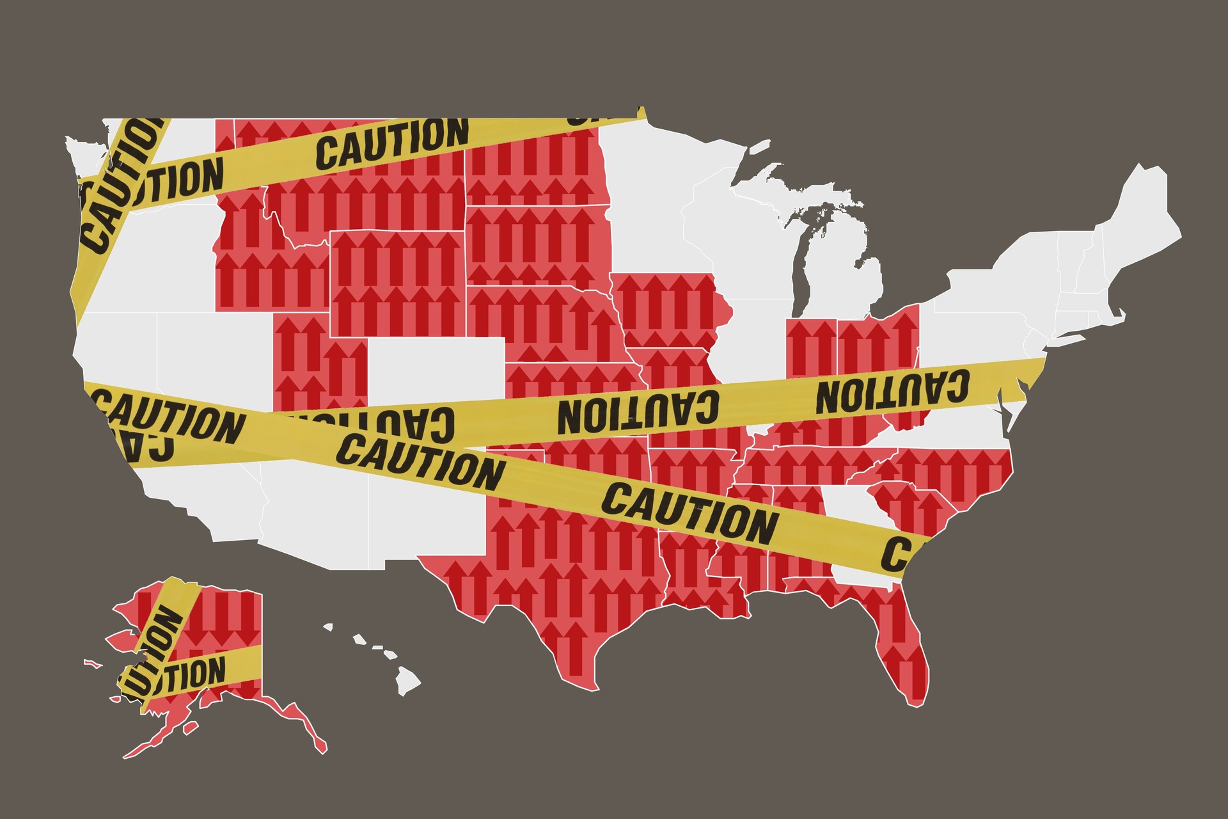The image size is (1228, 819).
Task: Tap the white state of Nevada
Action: (205, 358)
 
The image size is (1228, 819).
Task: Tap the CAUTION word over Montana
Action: (392, 143)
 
